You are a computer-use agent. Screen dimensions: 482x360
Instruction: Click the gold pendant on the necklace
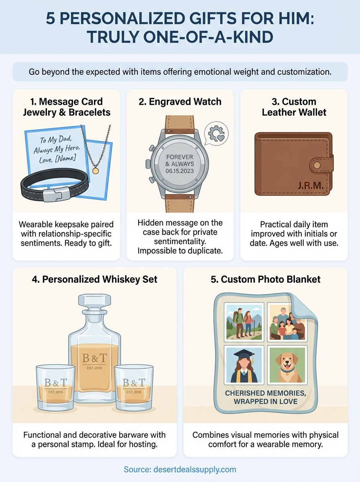coord(96,171)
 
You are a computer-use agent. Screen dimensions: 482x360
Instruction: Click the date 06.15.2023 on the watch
coord(180,171)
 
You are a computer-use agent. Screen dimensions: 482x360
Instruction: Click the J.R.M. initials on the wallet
coord(310,185)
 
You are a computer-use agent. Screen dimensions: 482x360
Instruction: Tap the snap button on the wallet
coord(317,165)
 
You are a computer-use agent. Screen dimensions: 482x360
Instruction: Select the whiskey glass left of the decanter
coord(55,388)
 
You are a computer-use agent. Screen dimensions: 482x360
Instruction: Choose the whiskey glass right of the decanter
coord(134,388)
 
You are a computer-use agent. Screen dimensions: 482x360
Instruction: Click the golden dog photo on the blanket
coord(286,365)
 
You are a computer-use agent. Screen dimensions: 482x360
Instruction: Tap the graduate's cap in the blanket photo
coord(244,353)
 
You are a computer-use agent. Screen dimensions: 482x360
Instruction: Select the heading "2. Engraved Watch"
coord(180,102)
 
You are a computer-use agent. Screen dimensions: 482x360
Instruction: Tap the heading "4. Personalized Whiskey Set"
coord(94,279)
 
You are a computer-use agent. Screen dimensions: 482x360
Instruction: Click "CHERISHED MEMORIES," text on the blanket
coord(265,393)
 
